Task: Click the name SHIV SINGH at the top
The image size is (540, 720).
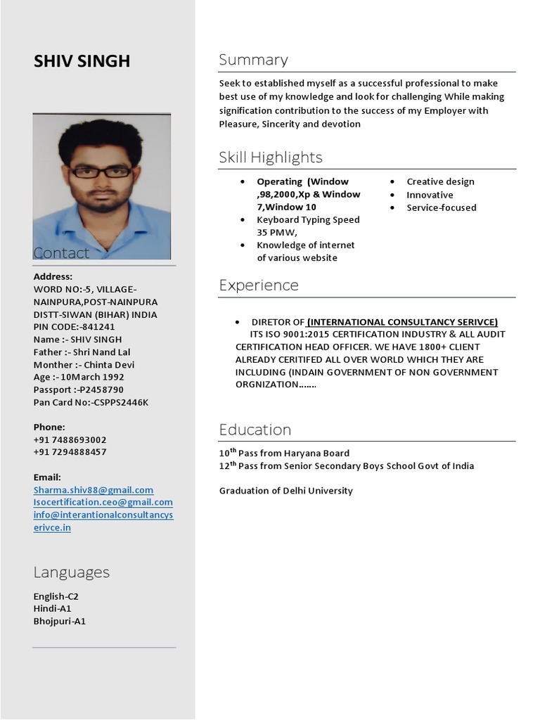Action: click(82, 61)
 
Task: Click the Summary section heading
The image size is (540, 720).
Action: click(253, 60)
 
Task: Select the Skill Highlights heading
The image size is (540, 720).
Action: click(270, 157)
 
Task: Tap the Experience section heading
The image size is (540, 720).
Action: click(258, 285)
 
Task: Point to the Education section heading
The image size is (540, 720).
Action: click(255, 430)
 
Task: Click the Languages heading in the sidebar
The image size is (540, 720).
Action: click(71, 572)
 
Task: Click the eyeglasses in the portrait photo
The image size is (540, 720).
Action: click(101, 172)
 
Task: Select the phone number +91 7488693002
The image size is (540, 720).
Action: click(70, 439)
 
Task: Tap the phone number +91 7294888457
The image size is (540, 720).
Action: click(70, 452)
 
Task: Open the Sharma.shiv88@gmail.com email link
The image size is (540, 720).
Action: click(93, 490)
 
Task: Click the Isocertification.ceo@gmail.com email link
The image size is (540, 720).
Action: click(103, 503)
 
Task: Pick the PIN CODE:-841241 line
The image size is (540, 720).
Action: click(74, 327)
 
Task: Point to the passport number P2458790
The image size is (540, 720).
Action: click(98, 390)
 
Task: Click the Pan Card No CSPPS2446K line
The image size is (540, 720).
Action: click(91, 402)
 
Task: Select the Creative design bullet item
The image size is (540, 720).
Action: click(440, 182)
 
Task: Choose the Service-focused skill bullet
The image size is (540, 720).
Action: click(441, 208)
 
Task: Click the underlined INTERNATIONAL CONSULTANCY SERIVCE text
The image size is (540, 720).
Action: click(402, 322)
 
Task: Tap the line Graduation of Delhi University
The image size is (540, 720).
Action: click(285, 491)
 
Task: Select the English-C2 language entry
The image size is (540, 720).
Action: click(56, 596)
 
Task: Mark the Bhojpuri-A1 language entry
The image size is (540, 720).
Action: click(59, 622)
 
